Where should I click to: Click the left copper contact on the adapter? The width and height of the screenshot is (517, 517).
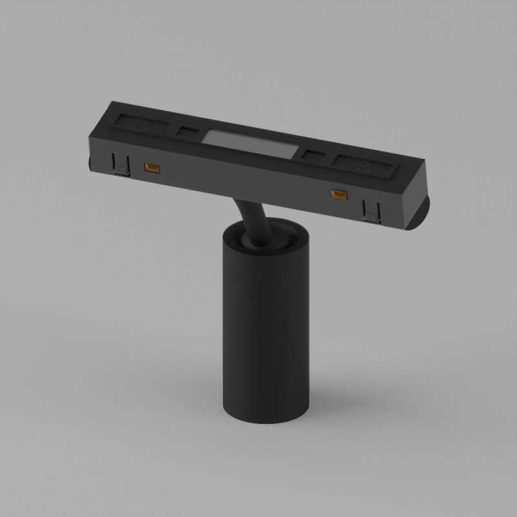(x=152, y=169)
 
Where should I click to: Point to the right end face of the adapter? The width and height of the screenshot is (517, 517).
(x=417, y=207)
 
